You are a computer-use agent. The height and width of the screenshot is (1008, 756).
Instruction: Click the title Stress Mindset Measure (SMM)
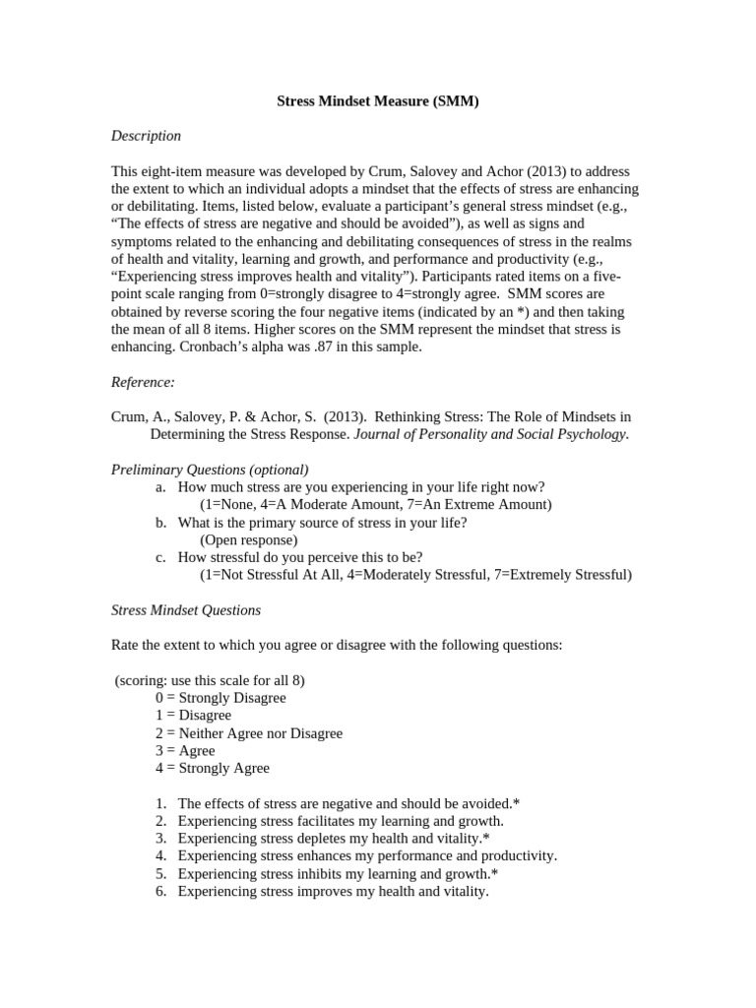pos(377,100)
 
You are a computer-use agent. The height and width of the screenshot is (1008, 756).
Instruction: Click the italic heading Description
pos(146,136)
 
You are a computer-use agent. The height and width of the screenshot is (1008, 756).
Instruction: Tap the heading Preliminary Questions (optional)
pos(210,470)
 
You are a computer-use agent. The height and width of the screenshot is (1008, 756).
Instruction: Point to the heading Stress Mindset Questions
pos(186,610)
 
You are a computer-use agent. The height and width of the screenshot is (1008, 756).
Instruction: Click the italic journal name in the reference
pos(490,434)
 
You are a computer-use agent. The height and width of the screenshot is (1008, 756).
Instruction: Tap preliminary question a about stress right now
pos(361,487)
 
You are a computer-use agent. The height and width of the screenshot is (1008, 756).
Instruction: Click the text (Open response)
pos(248,540)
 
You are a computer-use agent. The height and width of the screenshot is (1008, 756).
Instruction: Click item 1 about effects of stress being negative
pos(348,804)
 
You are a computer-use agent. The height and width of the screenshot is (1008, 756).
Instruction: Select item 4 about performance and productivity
pos(367,856)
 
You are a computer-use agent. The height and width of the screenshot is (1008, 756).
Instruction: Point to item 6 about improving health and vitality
pos(333,892)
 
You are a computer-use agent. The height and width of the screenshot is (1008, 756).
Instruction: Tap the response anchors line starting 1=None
pos(375,505)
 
